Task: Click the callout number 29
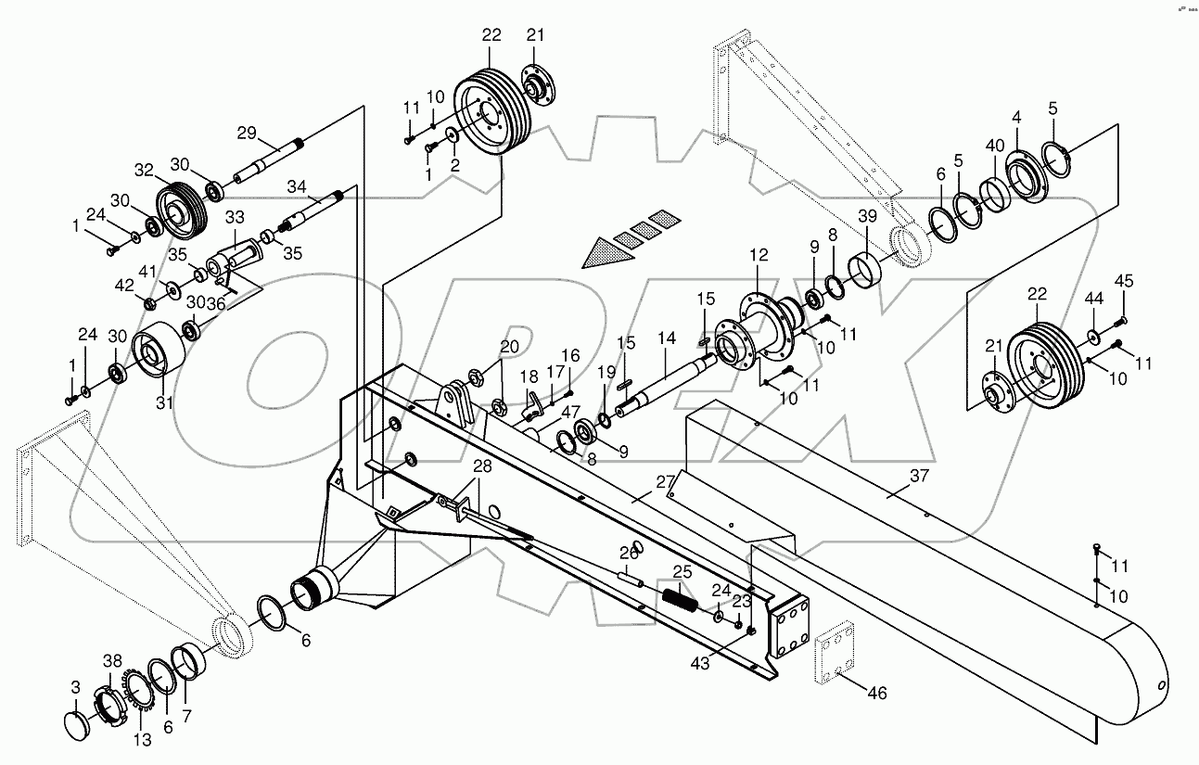246,133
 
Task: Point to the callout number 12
759,253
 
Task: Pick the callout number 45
1124,280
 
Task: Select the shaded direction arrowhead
603,252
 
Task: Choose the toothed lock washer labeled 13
140,696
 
